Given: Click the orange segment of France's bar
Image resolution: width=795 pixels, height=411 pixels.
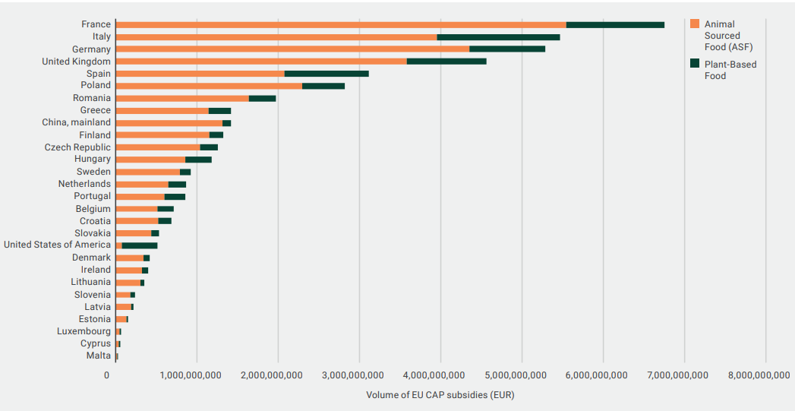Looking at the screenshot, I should [x=341, y=24].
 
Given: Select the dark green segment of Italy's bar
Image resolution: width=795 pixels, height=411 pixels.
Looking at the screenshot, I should [x=498, y=36].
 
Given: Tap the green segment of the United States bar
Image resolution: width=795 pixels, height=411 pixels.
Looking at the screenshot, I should [x=140, y=245].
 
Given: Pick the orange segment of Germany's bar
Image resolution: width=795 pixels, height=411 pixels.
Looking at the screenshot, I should [x=292, y=49].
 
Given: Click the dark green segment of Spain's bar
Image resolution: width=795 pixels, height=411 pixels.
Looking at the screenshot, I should [x=327, y=74].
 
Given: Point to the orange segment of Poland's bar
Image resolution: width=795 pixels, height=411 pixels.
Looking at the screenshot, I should [x=209, y=86].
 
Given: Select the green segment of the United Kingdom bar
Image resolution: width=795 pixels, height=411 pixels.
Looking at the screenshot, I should [x=446, y=61].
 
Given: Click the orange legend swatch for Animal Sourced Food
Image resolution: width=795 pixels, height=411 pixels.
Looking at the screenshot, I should [x=694, y=24].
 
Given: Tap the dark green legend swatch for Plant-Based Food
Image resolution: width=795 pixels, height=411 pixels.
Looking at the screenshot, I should [x=694, y=65].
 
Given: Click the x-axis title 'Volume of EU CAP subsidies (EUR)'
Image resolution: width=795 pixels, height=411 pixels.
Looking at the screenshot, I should [x=440, y=395].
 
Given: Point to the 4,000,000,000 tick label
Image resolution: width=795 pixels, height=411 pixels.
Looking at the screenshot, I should [x=440, y=375].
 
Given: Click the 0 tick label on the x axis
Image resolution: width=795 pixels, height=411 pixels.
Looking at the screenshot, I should [x=107, y=375].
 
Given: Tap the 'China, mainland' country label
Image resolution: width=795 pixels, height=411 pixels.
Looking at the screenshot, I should [x=76, y=122].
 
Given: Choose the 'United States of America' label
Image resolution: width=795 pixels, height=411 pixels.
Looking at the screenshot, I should [x=57, y=245].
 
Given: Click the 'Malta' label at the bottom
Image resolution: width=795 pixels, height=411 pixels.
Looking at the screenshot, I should [x=98, y=356].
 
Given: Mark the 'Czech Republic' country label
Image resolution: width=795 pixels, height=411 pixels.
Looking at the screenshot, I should [x=77, y=147].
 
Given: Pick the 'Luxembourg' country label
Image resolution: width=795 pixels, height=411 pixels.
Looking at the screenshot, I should [x=84, y=331].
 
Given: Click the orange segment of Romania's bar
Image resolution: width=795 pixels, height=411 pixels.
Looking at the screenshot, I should [x=182, y=98].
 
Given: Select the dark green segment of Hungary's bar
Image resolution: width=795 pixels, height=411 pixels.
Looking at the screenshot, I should [x=198, y=160].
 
